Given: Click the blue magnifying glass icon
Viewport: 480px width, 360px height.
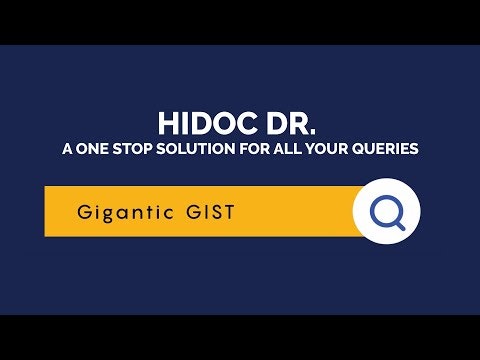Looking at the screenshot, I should [386, 212].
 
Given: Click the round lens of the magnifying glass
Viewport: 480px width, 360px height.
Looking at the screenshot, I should [383, 209].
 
